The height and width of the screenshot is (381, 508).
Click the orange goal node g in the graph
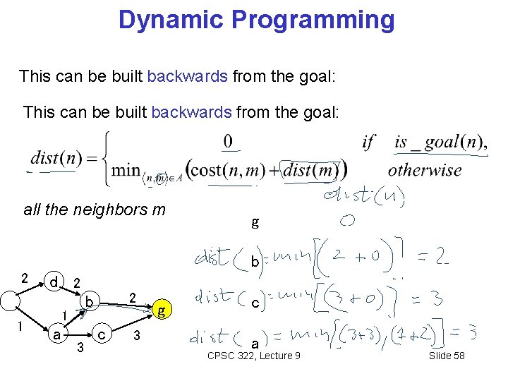(162, 310)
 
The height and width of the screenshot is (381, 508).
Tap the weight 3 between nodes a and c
(80, 346)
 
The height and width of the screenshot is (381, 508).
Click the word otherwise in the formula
(425, 170)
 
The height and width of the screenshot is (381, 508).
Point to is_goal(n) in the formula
(439, 143)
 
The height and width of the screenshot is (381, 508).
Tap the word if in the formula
(368, 143)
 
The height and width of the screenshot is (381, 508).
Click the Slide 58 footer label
(447, 356)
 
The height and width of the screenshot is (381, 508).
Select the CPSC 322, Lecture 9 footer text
(254, 356)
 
